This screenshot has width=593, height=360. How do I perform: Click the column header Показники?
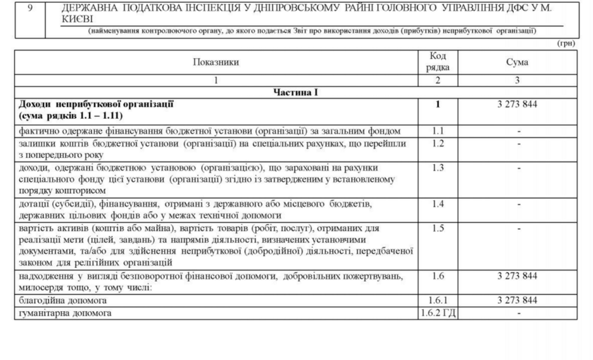point(216,62)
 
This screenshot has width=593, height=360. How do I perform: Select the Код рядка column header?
point(438,62)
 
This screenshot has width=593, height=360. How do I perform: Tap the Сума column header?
point(517,62)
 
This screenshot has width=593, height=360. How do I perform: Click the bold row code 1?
point(438,105)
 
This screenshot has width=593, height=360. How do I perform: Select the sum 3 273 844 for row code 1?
point(517,105)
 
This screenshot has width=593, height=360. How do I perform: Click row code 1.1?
point(438,131)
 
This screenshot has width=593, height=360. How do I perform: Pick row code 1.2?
point(438,144)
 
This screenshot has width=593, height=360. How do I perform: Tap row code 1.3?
point(438,168)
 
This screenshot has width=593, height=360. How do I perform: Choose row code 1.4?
point(438,204)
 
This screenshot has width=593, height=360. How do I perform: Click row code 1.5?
point(438,228)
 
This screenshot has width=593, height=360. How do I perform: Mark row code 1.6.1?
point(438,300)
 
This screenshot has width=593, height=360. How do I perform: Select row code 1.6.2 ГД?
point(438,312)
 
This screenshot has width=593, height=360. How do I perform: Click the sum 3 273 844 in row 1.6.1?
point(517,300)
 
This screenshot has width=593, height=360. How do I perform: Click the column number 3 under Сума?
point(517,81)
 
